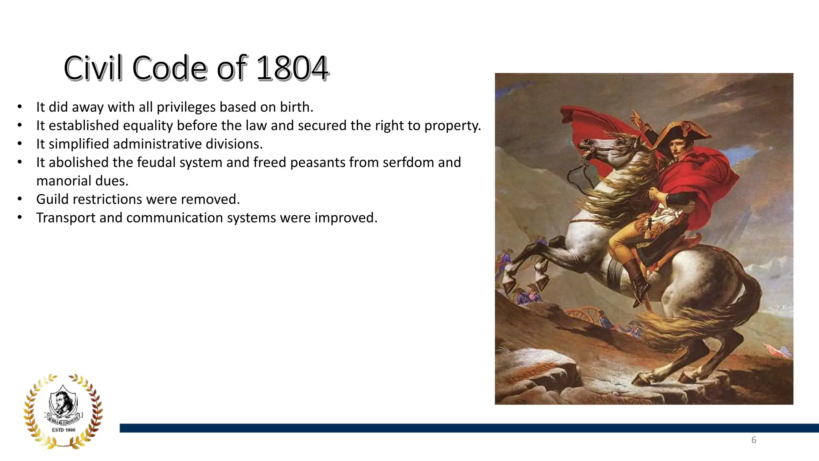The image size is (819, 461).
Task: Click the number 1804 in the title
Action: pyautogui.click(x=292, y=68)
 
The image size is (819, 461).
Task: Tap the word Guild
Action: pyautogui.click(x=52, y=199)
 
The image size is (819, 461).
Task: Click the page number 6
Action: pyautogui.click(x=753, y=440)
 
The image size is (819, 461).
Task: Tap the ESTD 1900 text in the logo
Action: pyautogui.click(x=64, y=430)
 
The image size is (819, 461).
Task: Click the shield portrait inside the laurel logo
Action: pyautogui.click(x=63, y=402)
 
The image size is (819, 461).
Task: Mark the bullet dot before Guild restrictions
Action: pyautogui.click(x=20, y=199)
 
